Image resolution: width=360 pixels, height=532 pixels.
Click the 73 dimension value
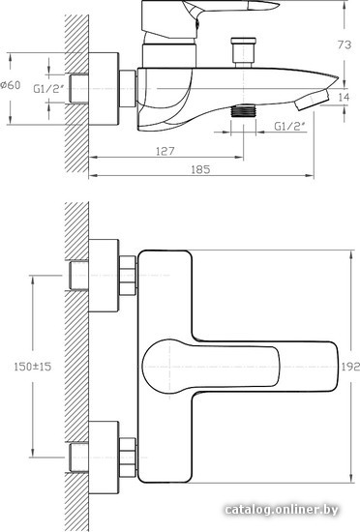[x=345, y=44]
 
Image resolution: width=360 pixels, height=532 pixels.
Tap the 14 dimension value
[x=344, y=98]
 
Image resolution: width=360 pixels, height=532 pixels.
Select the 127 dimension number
[x=165, y=151]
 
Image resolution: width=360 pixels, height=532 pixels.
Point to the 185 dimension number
[x=200, y=169]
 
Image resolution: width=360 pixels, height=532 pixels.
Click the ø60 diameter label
[x=11, y=85]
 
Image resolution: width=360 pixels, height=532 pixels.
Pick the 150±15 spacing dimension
[x=33, y=367]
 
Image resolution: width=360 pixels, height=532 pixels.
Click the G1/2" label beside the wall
[x=48, y=89]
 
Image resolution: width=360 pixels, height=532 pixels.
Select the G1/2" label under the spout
[x=289, y=127]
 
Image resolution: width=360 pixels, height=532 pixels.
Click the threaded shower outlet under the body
[x=243, y=110]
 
